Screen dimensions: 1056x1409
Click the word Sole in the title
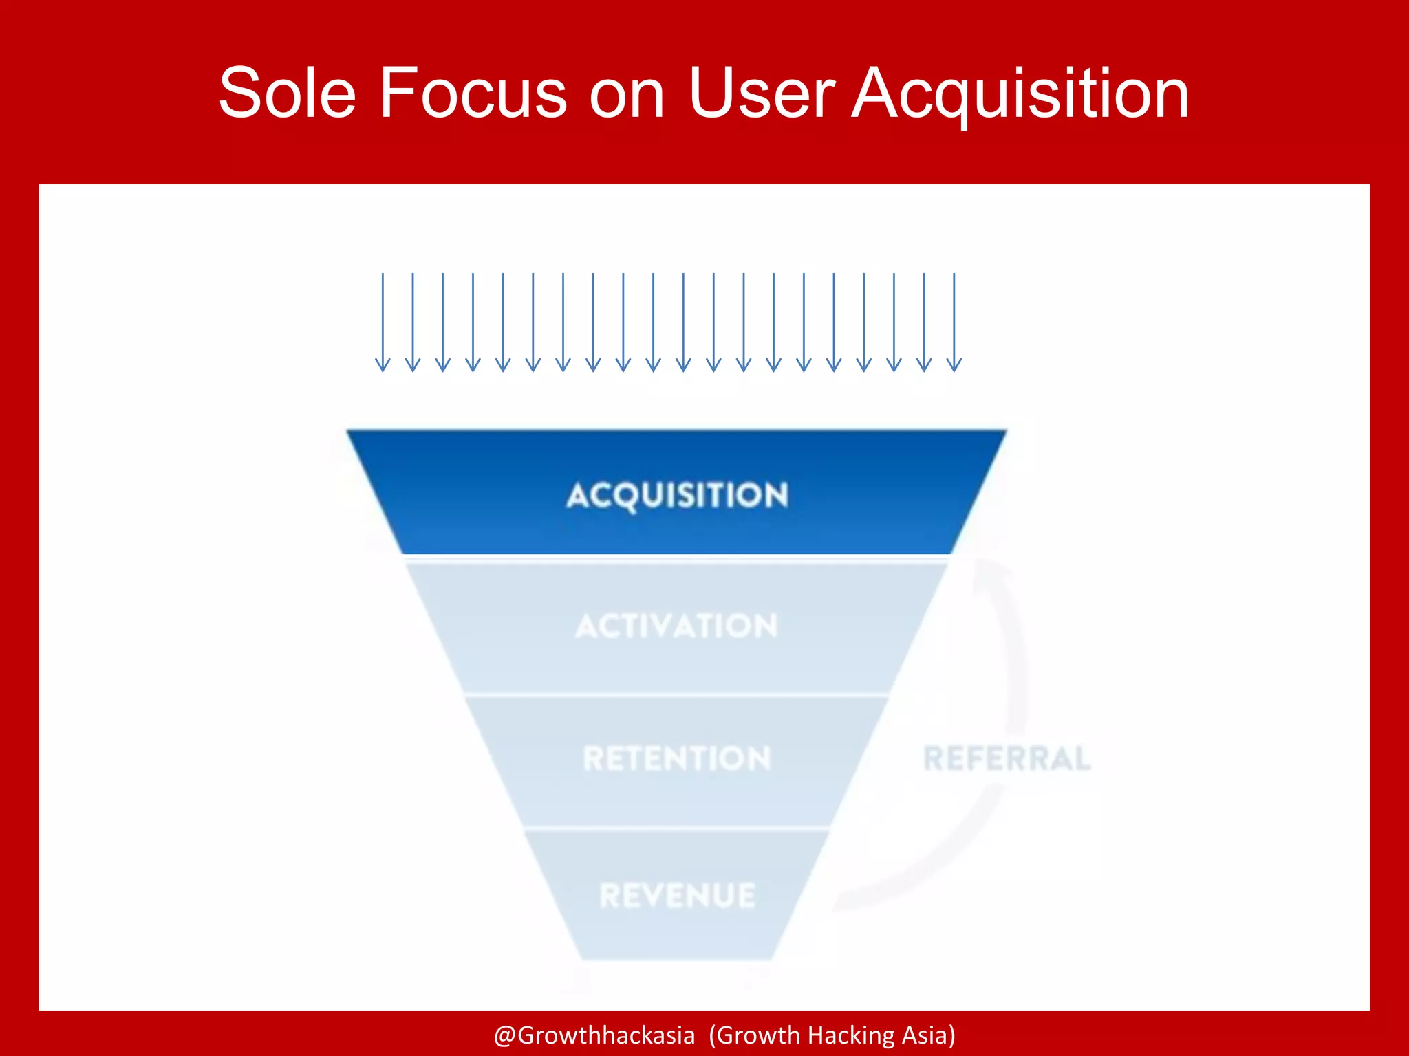click(x=288, y=93)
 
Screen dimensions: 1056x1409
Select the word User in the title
click(x=762, y=93)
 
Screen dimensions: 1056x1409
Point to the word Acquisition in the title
click(x=1020, y=93)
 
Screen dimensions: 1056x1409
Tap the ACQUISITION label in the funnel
click(x=677, y=495)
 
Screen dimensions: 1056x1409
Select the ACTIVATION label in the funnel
click(x=677, y=626)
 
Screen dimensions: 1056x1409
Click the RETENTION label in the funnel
click(x=677, y=758)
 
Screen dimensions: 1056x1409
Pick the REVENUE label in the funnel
click(x=677, y=896)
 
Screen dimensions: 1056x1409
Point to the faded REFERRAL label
click(x=1007, y=758)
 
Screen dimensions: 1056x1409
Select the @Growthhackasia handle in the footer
click(x=594, y=1035)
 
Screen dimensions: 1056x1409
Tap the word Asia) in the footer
click(x=928, y=1035)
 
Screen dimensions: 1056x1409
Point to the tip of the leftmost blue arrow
click(x=383, y=370)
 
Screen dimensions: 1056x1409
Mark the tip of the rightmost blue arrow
click(x=954, y=370)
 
